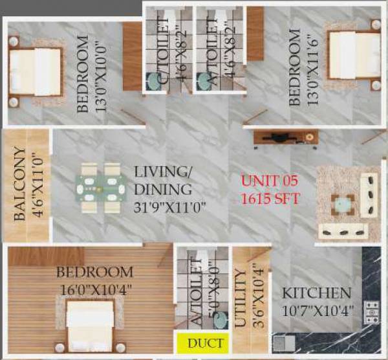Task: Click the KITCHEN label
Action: [x=316, y=293]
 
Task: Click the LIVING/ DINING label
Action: [x=163, y=181]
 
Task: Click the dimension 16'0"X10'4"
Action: [x=94, y=290]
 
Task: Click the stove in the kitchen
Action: [x=372, y=312]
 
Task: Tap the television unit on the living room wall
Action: [x=285, y=137]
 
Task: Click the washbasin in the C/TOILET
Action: [x=155, y=80]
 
